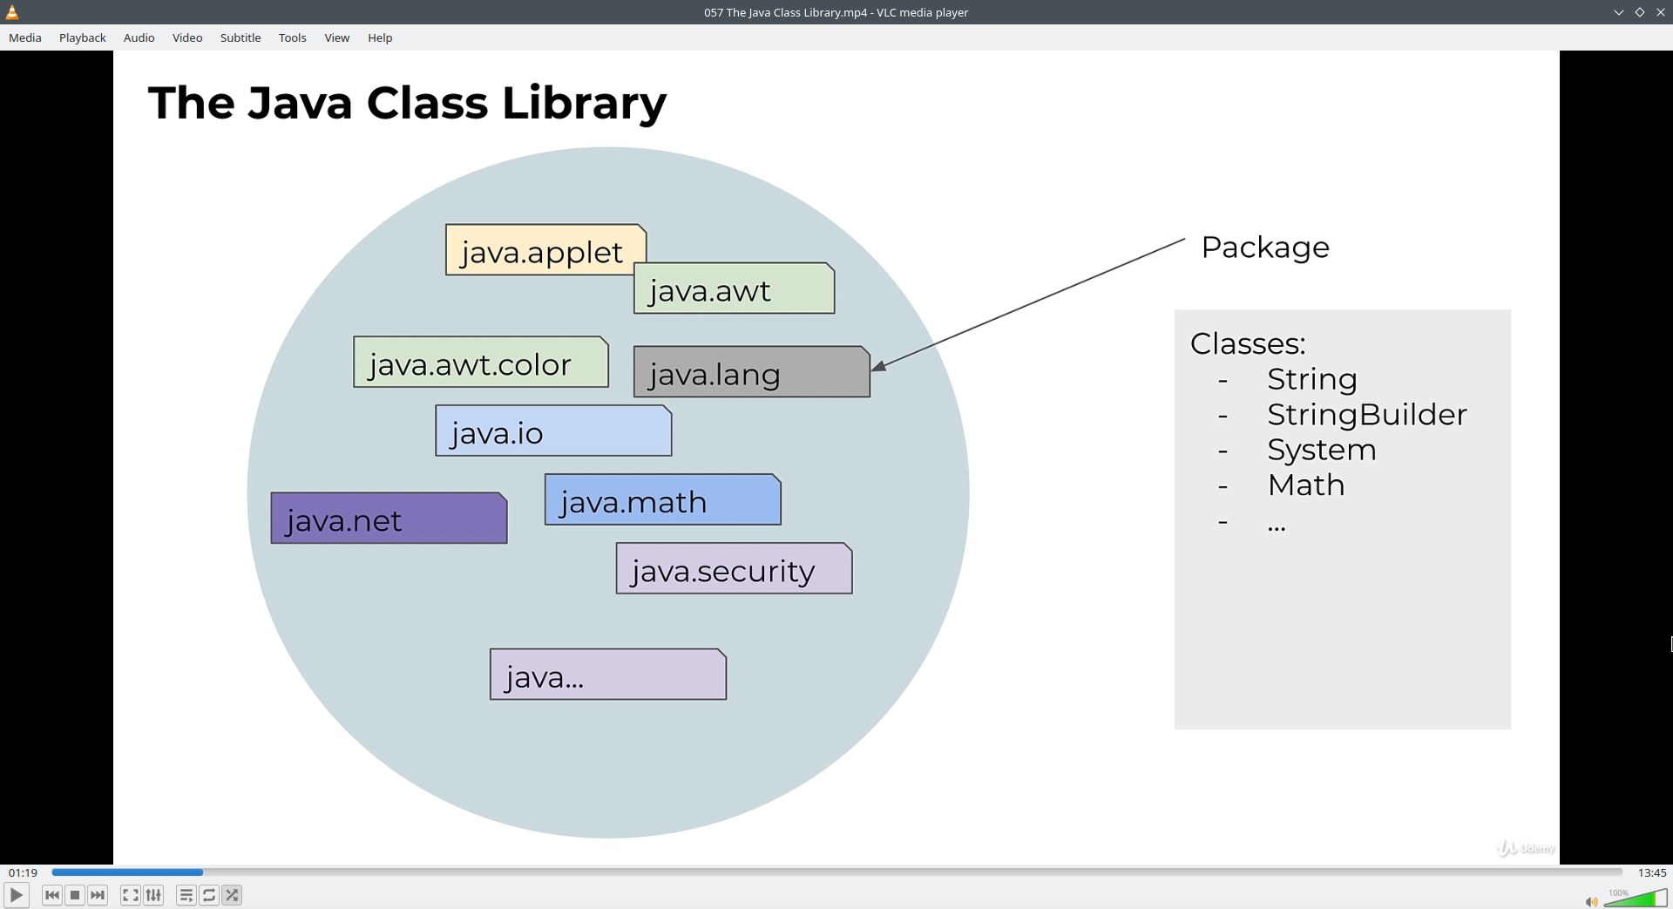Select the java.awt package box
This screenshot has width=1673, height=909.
click(x=735, y=289)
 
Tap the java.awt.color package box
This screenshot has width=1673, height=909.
click(x=480, y=363)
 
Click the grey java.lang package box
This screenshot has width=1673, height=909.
click(x=751, y=373)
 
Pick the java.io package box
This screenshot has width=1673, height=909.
click(x=553, y=431)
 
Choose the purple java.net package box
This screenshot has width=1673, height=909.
click(x=389, y=519)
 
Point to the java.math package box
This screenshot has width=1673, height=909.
click(x=662, y=500)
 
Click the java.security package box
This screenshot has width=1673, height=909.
click(x=734, y=569)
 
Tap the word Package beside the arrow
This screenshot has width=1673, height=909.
click(x=1265, y=248)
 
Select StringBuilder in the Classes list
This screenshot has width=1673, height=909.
click(x=1366, y=415)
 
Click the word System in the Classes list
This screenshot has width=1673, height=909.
click(x=1321, y=450)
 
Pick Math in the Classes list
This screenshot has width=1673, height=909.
click(x=1305, y=485)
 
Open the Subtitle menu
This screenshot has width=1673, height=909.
click(x=240, y=37)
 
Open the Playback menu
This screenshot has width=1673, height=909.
click(x=83, y=37)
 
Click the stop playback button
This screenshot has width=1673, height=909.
click(x=75, y=895)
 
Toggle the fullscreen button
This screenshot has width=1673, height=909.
click(x=130, y=895)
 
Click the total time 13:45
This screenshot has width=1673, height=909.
click(x=1651, y=872)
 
